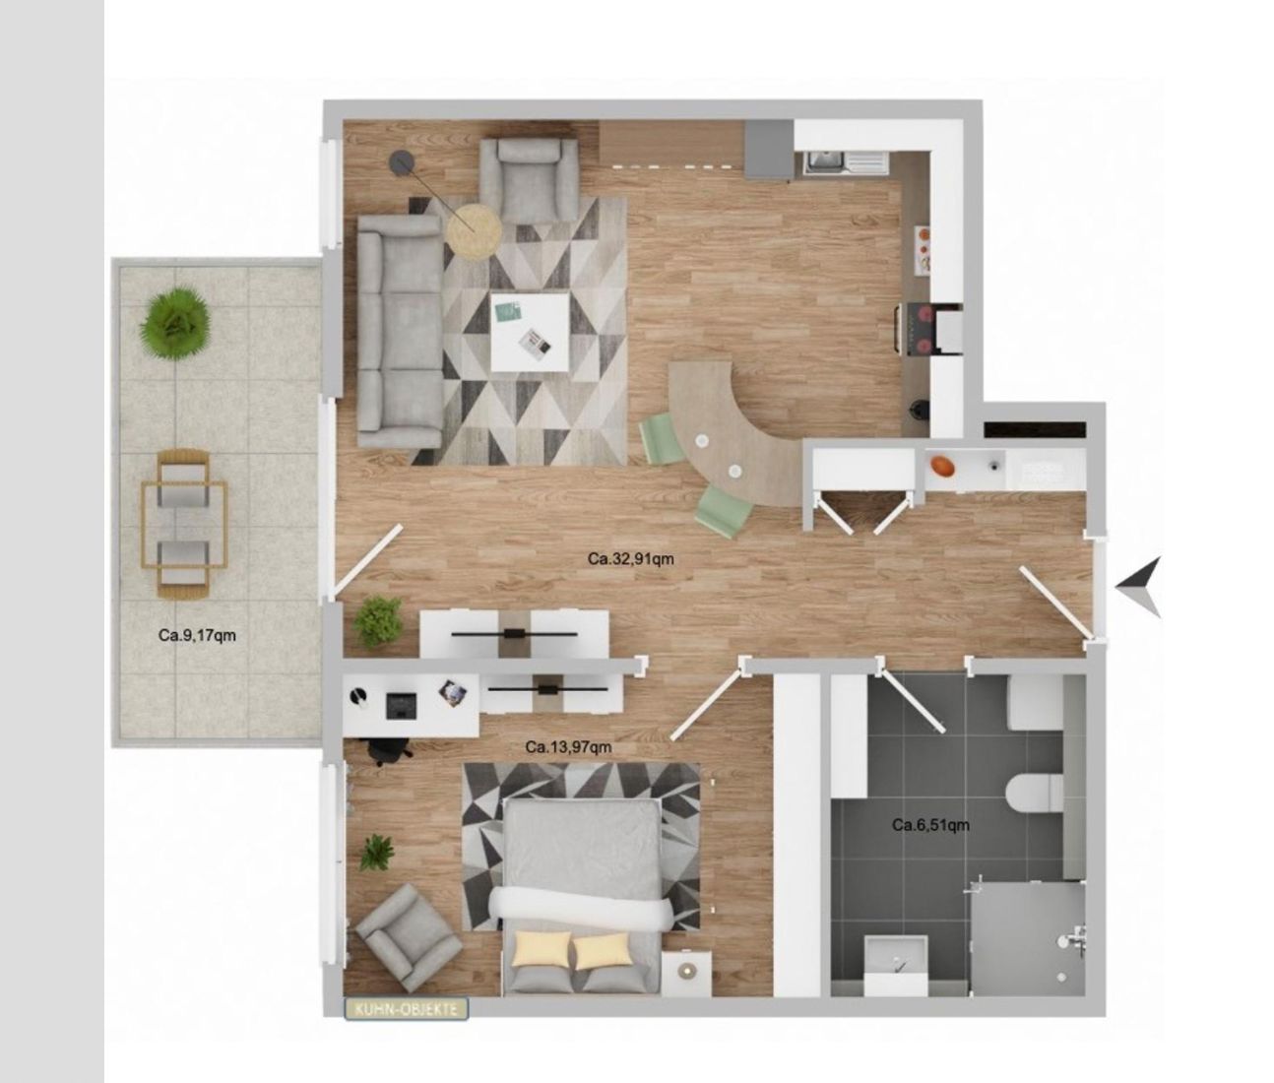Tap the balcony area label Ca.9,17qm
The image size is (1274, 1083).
click(x=197, y=635)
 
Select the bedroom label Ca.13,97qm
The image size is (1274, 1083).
click(x=568, y=747)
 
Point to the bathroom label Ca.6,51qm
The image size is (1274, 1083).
click(x=930, y=825)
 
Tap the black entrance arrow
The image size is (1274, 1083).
click(x=1139, y=587)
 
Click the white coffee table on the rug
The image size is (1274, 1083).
click(x=530, y=333)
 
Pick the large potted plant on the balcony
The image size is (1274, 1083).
click(x=175, y=324)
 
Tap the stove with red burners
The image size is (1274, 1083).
click(x=927, y=329)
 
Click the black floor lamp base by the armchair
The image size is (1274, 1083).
click(x=404, y=162)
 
